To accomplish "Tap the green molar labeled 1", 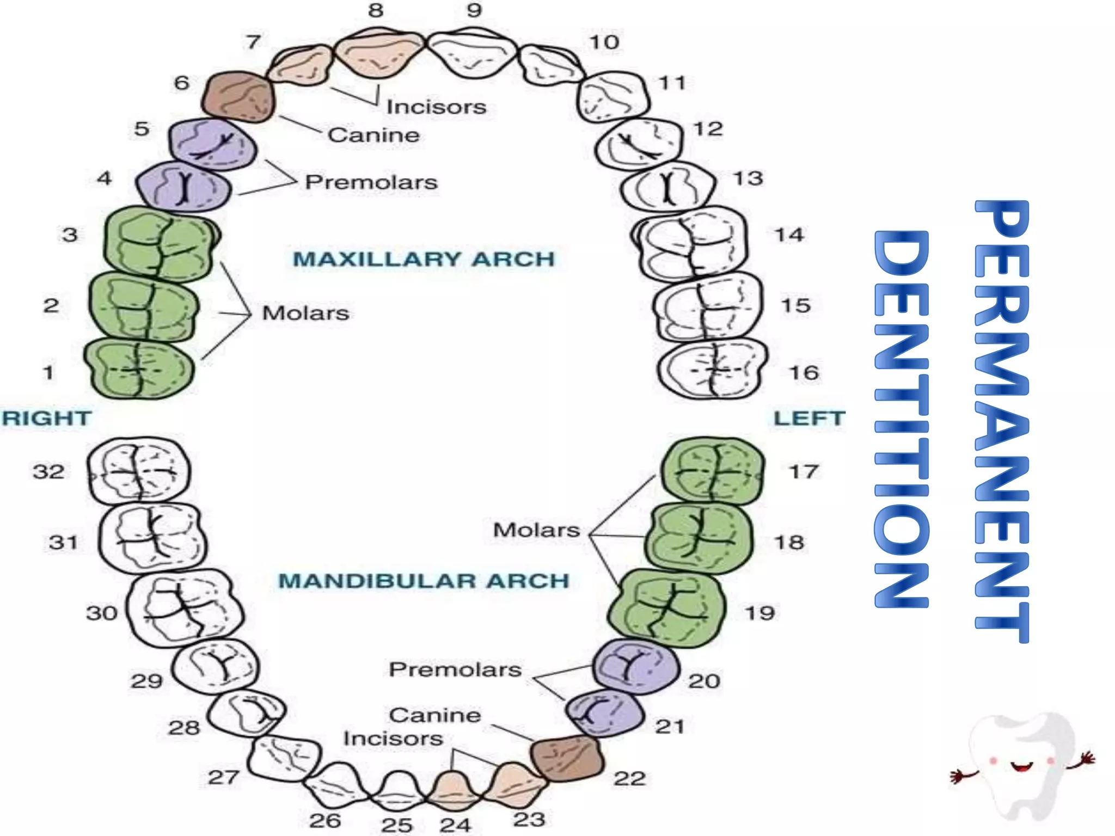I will [x=139, y=369].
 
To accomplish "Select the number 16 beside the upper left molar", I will [x=804, y=373].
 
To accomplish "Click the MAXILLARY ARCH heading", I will [x=424, y=259].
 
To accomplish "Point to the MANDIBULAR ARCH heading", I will [x=424, y=581].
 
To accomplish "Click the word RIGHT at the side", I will [x=47, y=418].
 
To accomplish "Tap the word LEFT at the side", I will [x=810, y=418].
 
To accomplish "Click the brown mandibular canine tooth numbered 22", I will [x=567, y=758].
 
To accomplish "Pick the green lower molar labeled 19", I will [x=667, y=608].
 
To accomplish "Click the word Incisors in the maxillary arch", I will [x=436, y=107].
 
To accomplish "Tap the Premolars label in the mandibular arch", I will [x=455, y=669].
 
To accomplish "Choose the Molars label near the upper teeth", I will [x=305, y=313].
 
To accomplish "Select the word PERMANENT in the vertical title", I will [x=1002, y=422].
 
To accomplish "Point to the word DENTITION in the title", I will [x=901, y=419].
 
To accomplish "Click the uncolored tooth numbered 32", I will [x=139, y=471].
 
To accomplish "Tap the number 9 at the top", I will [x=474, y=10].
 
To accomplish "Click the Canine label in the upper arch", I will [x=373, y=135].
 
